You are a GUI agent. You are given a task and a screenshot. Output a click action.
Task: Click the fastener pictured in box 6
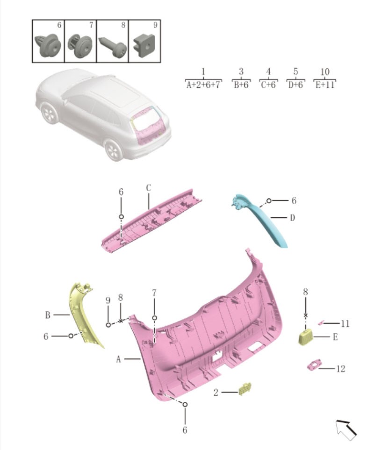[48, 45]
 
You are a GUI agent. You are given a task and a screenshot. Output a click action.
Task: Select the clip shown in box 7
[80, 46]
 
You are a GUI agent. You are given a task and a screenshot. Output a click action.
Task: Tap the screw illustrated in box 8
[113, 47]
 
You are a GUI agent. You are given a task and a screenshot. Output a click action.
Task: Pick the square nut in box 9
[144, 45]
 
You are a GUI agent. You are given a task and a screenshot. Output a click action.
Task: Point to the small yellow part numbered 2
[245, 389]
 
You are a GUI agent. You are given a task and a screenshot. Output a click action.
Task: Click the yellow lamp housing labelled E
[306, 337]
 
